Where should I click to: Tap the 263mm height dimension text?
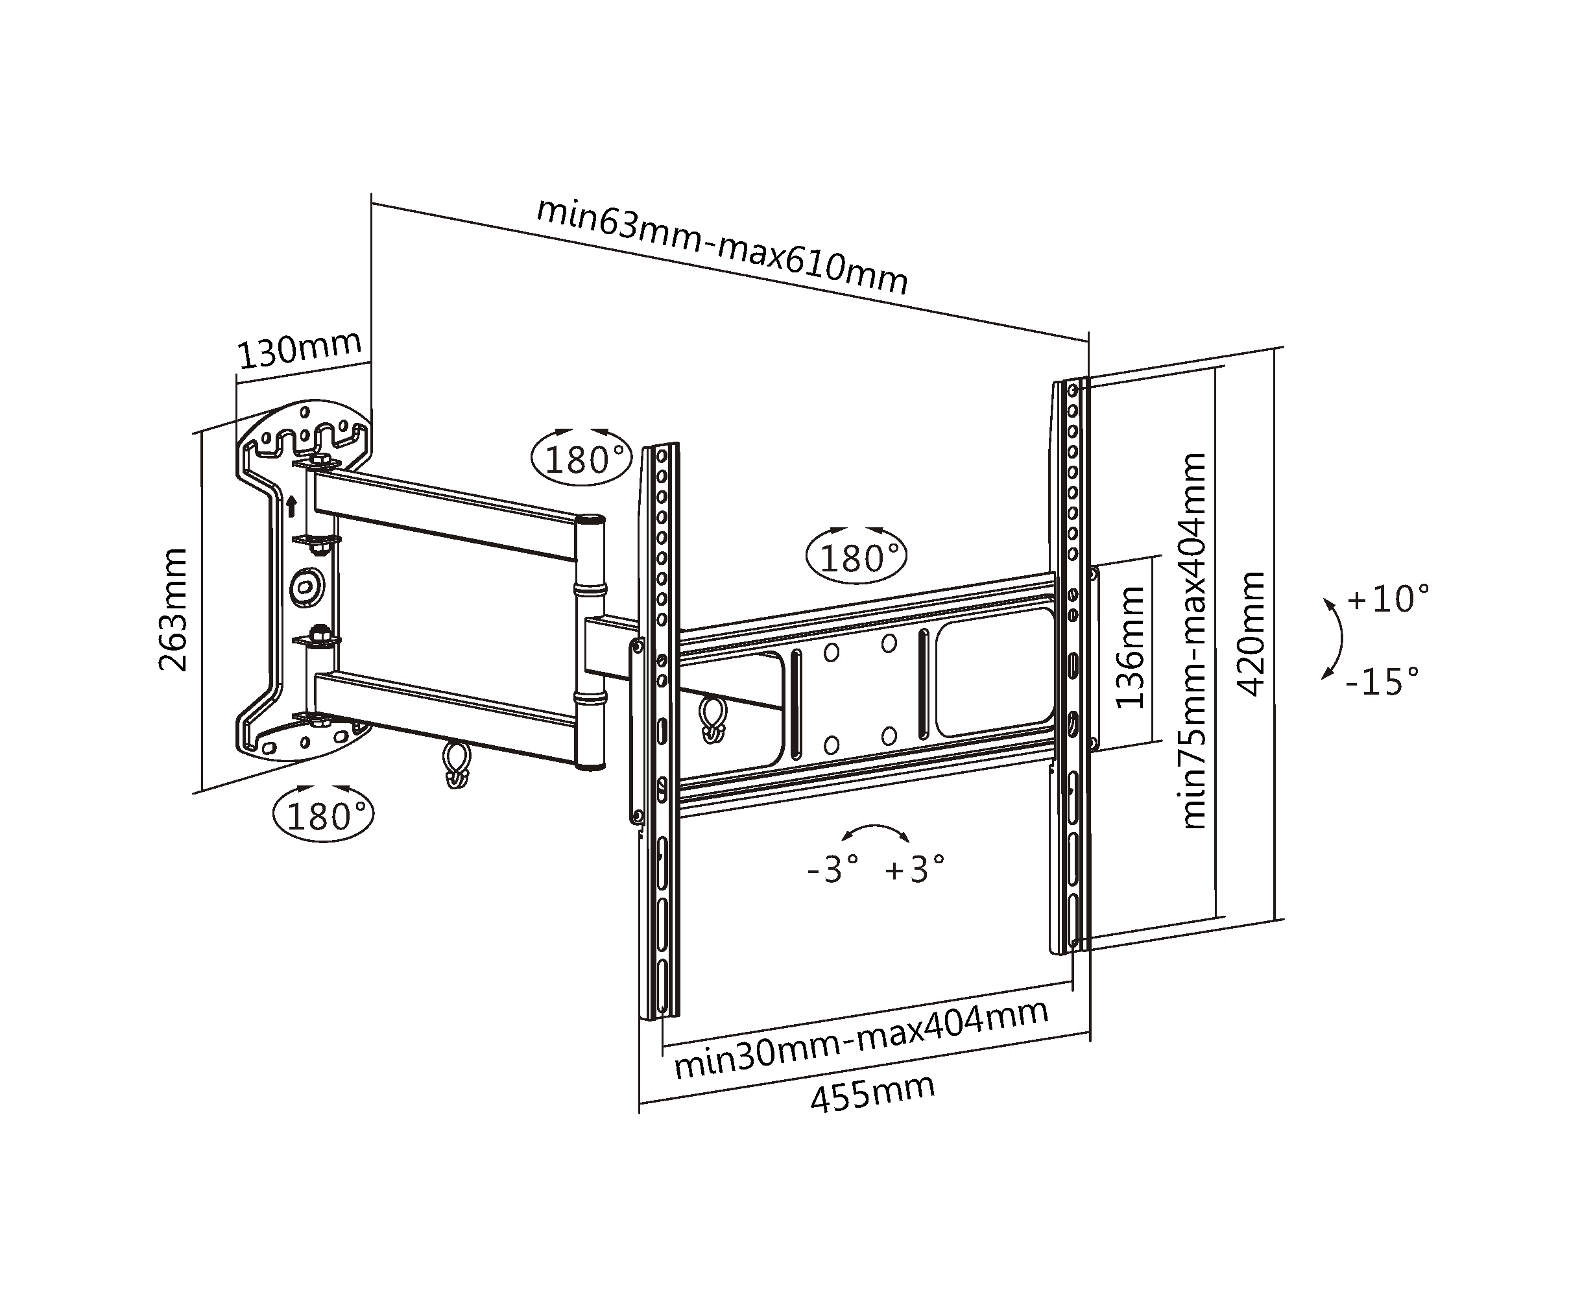[x=173, y=610]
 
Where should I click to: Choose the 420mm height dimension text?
[x=1251, y=634]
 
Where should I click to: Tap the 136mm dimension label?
[x=1130, y=647]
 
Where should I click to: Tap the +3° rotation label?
[x=915, y=870]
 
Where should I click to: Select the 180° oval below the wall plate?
[x=324, y=815]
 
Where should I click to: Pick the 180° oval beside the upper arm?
[x=582, y=459]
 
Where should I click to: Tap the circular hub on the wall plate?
[x=306, y=585]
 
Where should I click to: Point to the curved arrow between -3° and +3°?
[x=876, y=831]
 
